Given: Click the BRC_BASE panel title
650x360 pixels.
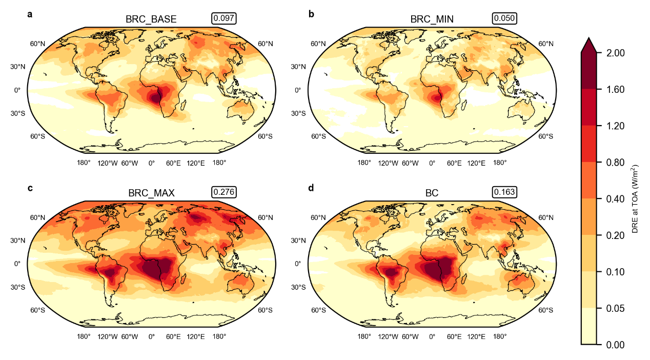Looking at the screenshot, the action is [151, 19].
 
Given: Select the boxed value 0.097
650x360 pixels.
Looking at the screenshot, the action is [224, 18].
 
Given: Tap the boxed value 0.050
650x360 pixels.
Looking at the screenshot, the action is [504, 18].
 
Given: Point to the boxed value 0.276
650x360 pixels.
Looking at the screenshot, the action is [224, 192].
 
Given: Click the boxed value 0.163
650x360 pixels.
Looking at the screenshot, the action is [504, 192].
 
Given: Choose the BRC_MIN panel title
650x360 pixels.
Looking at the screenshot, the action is [432, 19].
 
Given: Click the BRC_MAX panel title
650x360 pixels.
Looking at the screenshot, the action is [151, 193].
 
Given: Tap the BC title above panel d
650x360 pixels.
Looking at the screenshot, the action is [432, 193].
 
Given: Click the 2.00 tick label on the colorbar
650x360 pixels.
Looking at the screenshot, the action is [616, 53].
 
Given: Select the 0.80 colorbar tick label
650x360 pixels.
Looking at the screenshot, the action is [616, 163].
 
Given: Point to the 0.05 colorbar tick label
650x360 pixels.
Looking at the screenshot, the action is [616, 308].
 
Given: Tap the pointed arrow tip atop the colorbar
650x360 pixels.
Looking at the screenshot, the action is [589, 38].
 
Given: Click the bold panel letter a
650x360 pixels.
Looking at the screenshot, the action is [30, 14].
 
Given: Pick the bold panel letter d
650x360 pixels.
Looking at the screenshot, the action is [311, 188].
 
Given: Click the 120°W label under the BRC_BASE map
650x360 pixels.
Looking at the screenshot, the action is [107, 163].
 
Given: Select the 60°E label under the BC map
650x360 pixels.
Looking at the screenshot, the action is [454, 337].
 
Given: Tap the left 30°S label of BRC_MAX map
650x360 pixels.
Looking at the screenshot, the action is [18, 287].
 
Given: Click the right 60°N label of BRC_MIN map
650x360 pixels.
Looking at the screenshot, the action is [546, 44].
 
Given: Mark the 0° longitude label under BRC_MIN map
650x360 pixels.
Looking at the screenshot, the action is [432, 163].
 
